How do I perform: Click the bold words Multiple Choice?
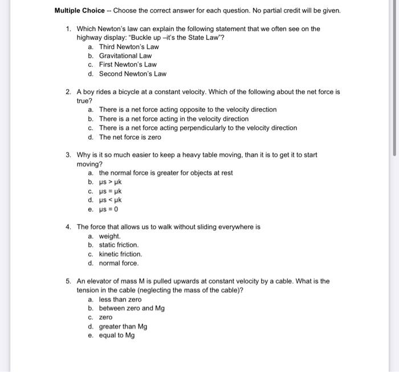point(80,10)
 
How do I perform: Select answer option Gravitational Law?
point(125,56)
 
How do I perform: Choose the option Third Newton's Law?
point(129,47)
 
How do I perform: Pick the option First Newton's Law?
point(128,65)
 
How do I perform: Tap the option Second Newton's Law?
point(133,74)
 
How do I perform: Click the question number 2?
point(68,91)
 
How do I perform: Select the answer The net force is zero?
point(130,138)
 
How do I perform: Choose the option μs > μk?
point(111,182)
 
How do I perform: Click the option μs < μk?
point(111,200)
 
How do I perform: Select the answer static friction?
point(119,245)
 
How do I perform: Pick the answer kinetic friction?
point(120,254)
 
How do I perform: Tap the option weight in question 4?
point(109,236)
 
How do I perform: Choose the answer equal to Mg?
point(117,336)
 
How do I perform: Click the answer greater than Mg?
point(123,327)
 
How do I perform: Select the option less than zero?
point(120,300)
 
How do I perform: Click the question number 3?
point(68,155)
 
